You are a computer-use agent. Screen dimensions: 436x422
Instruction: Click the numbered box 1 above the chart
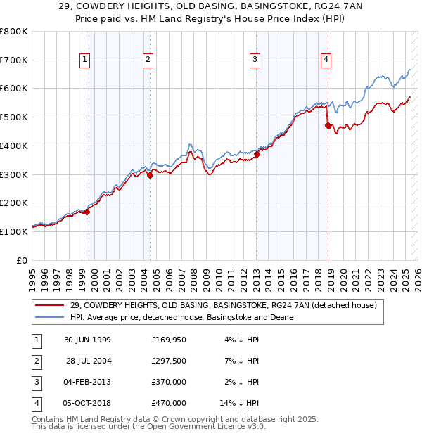pos(84,60)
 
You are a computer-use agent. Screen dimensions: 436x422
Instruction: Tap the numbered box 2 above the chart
pos(148,60)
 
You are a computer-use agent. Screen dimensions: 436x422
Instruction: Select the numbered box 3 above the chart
pos(255,60)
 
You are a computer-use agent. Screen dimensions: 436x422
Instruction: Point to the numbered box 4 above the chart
pos(326,60)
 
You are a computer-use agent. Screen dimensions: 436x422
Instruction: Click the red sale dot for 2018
pos(328,125)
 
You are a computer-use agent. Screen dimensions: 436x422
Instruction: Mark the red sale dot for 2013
pos(257,155)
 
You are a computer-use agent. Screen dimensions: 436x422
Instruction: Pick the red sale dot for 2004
pos(151,176)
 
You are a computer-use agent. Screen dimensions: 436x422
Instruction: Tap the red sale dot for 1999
pos(87,212)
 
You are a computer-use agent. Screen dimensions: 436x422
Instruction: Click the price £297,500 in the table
pos(168,361)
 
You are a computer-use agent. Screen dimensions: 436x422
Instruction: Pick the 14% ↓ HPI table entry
pos(240,403)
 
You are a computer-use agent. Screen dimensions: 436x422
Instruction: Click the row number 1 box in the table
pos(36,340)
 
